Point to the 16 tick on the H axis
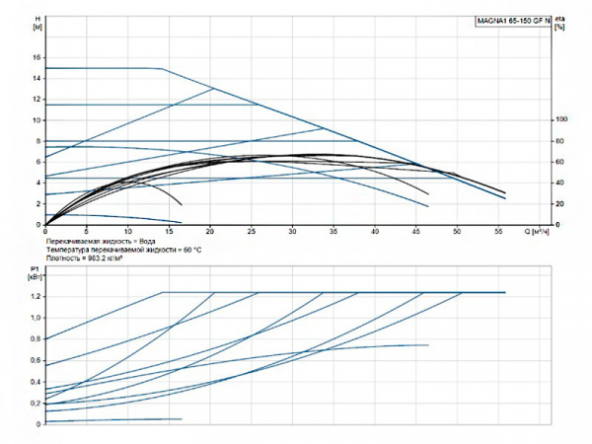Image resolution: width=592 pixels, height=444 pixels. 37,57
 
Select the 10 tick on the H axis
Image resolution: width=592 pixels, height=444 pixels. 37,119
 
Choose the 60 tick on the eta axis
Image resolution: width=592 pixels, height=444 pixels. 560,162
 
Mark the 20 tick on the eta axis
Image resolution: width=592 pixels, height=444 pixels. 560,203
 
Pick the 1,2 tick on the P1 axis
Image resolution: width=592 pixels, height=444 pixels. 37,296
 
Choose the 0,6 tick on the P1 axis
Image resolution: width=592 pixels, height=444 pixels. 37,360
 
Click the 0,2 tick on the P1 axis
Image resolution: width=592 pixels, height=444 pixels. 37,403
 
